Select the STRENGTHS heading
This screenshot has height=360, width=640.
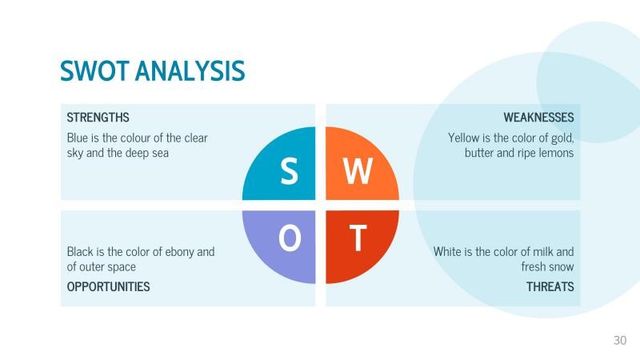[98, 118]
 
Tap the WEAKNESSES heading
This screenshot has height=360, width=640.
[538, 118]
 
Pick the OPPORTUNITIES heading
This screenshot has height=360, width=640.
[108, 286]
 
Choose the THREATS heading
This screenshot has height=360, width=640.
[550, 286]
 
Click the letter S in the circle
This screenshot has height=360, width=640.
[289, 171]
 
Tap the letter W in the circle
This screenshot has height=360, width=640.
[358, 171]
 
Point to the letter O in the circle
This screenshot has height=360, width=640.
[290, 238]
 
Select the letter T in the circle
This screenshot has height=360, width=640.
[358, 238]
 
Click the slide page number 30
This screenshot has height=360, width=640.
[620, 341]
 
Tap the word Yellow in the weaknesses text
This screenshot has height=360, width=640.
[463, 138]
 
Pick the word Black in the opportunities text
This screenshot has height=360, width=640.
[80, 251]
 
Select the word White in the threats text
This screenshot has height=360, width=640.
[449, 251]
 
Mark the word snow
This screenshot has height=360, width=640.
[562, 266]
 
